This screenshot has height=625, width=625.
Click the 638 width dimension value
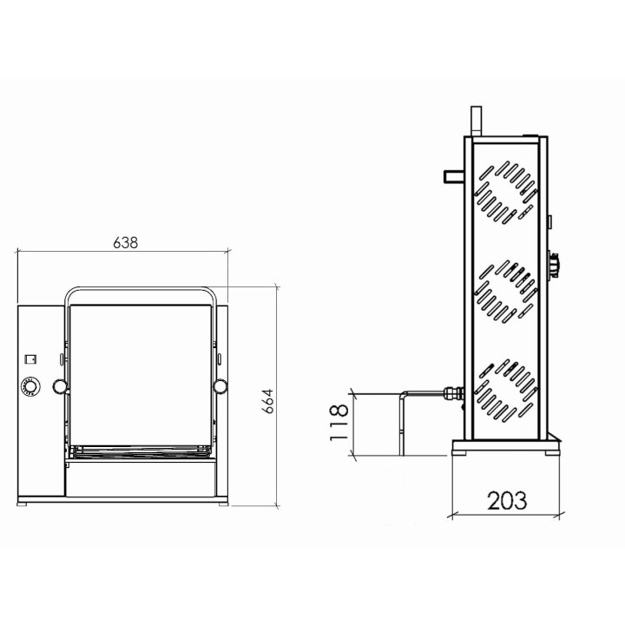tap(125, 243)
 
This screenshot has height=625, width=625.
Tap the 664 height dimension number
tap(268, 400)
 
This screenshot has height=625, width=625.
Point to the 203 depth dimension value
tap(506, 500)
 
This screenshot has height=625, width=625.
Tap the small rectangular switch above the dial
tap(29, 356)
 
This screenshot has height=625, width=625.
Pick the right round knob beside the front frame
tap(220, 385)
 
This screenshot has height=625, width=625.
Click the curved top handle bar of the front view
tap(141, 290)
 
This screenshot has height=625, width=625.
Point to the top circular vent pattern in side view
tap(504, 189)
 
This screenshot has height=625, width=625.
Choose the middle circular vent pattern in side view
tap(504, 287)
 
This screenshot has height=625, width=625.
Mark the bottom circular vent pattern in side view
tap(504, 386)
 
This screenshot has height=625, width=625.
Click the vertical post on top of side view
tap(474, 122)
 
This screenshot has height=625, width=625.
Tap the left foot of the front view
tap(23, 503)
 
